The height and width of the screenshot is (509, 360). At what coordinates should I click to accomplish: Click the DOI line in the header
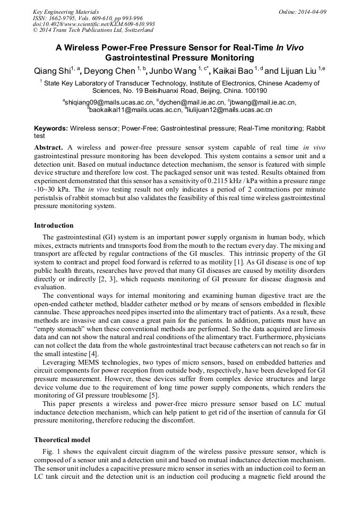pos(93,24)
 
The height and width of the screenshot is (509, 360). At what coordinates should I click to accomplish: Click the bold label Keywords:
pos(51,128)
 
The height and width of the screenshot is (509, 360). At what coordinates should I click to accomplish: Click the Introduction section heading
pos(54,226)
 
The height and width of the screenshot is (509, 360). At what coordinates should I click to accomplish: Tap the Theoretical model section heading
pos(62,440)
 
